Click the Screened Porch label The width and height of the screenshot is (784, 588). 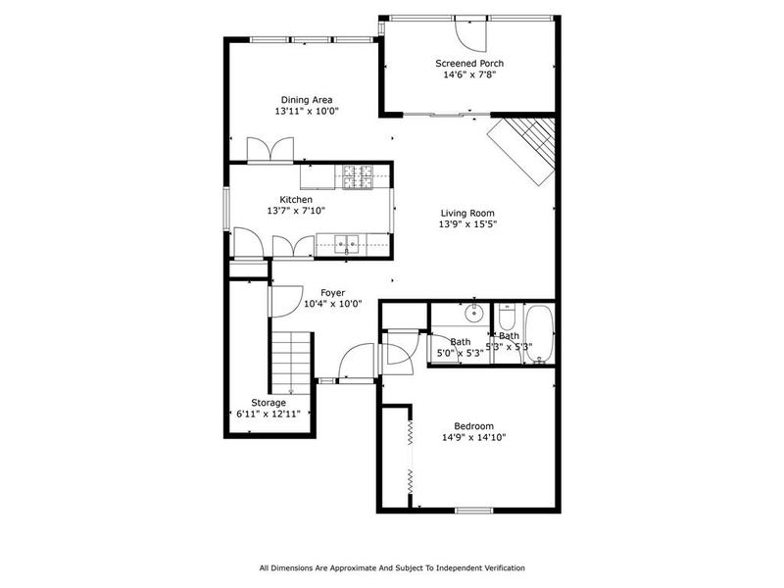point(469,64)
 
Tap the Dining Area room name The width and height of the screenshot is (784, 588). point(307,100)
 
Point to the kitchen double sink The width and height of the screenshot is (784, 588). point(346,244)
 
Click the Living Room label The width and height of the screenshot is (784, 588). point(466,213)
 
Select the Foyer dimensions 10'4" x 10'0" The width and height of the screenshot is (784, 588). point(333,304)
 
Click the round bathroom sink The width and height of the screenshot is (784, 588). point(472,315)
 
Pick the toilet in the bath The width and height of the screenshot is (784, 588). point(507,318)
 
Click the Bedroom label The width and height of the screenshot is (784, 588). point(473,425)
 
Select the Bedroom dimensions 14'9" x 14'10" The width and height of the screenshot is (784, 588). point(473,437)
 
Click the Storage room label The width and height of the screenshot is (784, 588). point(269,403)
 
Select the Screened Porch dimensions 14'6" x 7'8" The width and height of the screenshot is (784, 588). point(469,75)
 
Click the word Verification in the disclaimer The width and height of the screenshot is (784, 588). point(500,568)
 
